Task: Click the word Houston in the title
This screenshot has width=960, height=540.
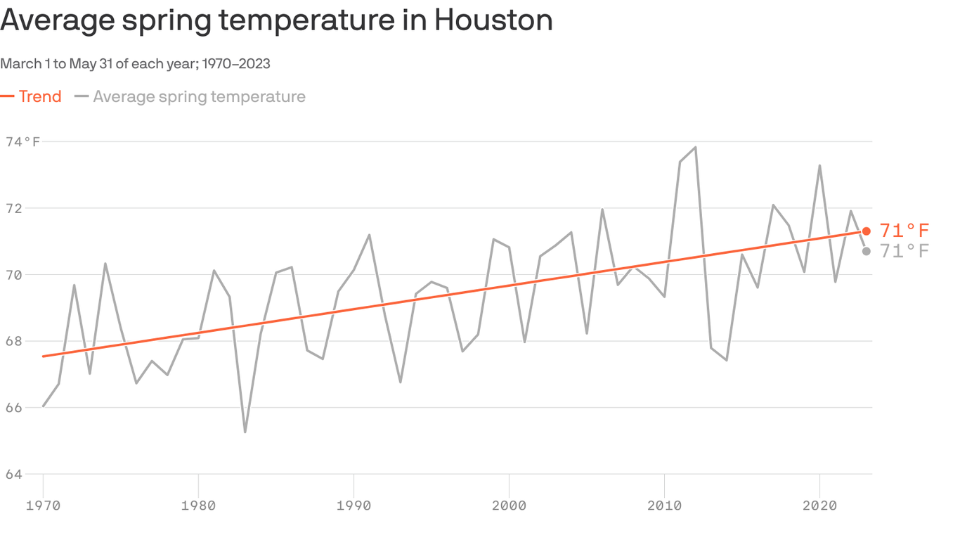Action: [x=493, y=20]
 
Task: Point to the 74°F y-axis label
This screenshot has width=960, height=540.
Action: [x=23, y=142]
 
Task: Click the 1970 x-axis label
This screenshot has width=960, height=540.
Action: [x=44, y=505]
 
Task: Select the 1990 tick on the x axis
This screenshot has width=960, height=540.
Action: [x=353, y=505]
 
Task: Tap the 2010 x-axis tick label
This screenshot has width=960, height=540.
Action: [x=664, y=505]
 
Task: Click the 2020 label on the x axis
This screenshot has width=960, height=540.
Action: [x=819, y=505]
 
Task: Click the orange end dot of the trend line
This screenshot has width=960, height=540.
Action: [x=867, y=231]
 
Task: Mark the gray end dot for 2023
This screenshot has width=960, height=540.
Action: [x=867, y=251]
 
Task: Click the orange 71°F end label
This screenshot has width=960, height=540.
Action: [x=904, y=231]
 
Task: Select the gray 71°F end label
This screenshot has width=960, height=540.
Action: [x=904, y=252]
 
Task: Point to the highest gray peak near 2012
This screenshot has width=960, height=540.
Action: [x=695, y=148]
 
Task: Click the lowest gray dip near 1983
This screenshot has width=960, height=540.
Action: [x=245, y=431]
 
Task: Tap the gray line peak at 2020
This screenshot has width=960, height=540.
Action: [x=819, y=166]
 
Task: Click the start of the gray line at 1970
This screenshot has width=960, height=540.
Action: [x=44, y=406]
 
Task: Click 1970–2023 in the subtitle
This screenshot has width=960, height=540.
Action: [x=236, y=64]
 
